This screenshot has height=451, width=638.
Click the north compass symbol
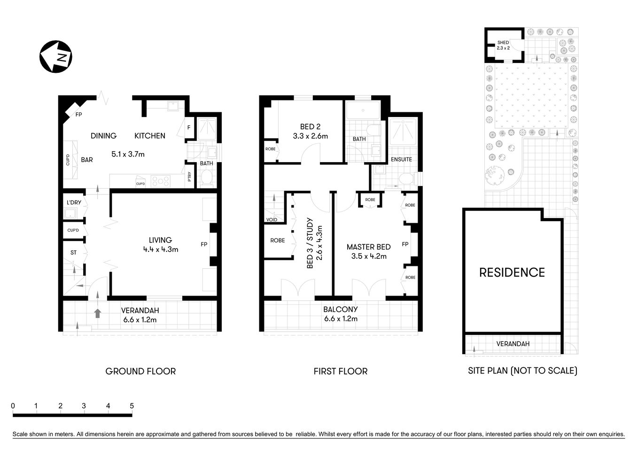pyautogui.click(x=56, y=57)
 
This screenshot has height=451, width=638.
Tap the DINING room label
pyautogui.click(x=103, y=136)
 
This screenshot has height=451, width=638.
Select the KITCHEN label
pyautogui.click(x=150, y=136)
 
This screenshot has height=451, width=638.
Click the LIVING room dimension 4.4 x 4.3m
pyautogui.click(x=161, y=249)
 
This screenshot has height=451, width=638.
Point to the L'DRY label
pyautogui.click(x=74, y=202)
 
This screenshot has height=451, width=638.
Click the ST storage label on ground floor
pyautogui.click(x=73, y=253)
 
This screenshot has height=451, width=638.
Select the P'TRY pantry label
pyautogui.click(x=190, y=177)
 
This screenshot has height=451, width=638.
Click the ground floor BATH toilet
pyautogui.click(x=206, y=178)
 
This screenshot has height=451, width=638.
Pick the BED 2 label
pyautogui.click(x=310, y=126)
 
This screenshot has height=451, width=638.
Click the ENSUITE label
pyautogui.click(x=401, y=159)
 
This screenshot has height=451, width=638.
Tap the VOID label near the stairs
pyautogui.click(x=272, y=219)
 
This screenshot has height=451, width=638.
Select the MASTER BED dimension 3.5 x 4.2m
pyautogui.click(x=369, y=256)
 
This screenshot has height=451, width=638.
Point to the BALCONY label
pyautogui.click(x=341, y=310)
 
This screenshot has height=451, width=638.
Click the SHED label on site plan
pyautogui.click(x=503, y=43)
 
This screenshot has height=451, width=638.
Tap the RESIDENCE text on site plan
pyautogui.click(x=512, y=272)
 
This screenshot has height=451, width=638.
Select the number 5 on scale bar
pyautogui.click(x=132, y=406)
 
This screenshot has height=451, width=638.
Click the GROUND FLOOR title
pyautogui.click(x=140, y=371)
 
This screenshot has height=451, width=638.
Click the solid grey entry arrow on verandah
pyautogui.click(x=98, y=313)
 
